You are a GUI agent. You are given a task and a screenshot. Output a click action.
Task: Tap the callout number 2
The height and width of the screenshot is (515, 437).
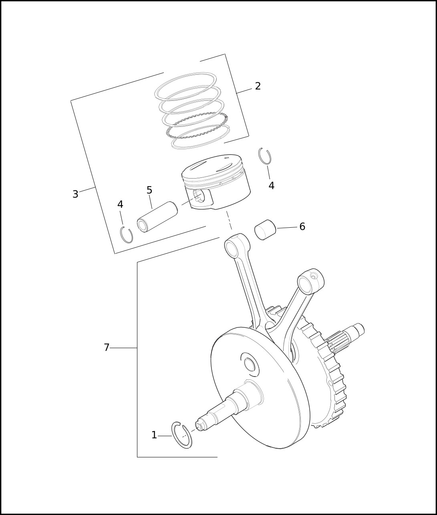(x=258, y=86)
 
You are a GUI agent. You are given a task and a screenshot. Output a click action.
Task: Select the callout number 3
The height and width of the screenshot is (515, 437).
(x=75, y=194)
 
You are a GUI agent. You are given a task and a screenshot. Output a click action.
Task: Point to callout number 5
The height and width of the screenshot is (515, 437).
(x=149, y=190)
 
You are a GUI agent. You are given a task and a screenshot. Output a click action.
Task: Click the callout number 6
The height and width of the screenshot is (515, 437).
(x=302, y=227)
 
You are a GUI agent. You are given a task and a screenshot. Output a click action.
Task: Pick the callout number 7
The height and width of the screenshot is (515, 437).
(x=107, y=348)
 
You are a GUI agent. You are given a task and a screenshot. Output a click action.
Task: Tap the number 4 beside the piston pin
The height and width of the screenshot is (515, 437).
(x=120, y=204)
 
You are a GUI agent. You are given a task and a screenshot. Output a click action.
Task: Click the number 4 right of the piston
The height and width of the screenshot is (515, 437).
(x=272, y=186)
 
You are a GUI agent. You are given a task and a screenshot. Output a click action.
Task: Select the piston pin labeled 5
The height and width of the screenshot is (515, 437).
(x=157, y=217)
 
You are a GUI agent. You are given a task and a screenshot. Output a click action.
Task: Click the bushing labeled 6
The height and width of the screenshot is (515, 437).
(x=265, y=230)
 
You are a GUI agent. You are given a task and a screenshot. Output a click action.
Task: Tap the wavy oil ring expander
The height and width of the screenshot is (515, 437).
(x=197, y=125)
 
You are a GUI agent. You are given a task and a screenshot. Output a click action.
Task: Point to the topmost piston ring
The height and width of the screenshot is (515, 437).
(x=185, y=86)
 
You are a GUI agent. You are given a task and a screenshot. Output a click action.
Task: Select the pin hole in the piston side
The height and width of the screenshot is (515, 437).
(x=199, y=196)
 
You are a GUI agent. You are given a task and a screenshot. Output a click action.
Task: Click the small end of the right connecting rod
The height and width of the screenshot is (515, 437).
(x=310, y=282)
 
